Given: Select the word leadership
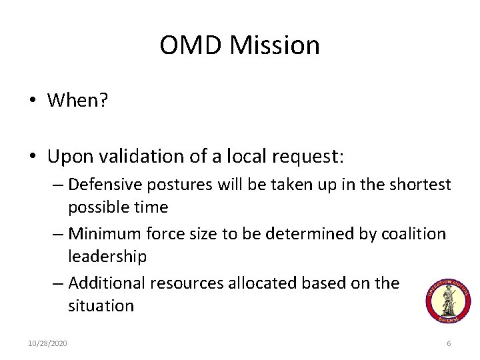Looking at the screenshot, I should click(107, 256).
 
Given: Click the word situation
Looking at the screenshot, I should click(101, 305).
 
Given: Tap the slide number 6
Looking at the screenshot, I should click(449, 343).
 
